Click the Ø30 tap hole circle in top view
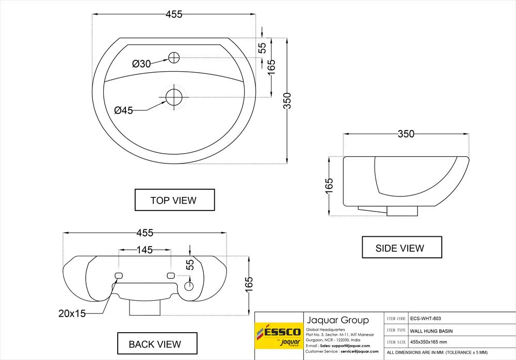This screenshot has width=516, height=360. [174, 58]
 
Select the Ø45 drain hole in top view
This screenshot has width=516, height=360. [174, 97]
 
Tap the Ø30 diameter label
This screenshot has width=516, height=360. [141, 64]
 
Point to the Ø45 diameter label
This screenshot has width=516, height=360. [124, 110]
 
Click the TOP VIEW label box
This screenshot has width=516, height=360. [175, 200]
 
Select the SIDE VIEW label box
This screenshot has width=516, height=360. [402, 247]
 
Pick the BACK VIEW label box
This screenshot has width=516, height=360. [157, 343]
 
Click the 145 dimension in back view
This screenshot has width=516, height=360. [145, 250]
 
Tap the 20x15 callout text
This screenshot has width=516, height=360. [72, 314]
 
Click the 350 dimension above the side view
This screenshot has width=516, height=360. [406, 134]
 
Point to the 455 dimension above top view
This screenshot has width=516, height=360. [174, 14]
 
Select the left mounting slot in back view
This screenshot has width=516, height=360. [119, 275]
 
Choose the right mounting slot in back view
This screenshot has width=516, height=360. [171, 275]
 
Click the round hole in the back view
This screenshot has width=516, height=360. [189, 286]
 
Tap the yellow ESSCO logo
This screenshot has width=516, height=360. [279, 336]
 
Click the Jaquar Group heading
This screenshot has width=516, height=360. [337, 320]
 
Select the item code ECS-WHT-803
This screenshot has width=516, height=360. [426, 319]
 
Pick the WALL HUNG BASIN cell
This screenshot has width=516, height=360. [431, 331]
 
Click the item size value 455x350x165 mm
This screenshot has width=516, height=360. [428, 342]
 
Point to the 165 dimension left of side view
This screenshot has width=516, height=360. [329, 186]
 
